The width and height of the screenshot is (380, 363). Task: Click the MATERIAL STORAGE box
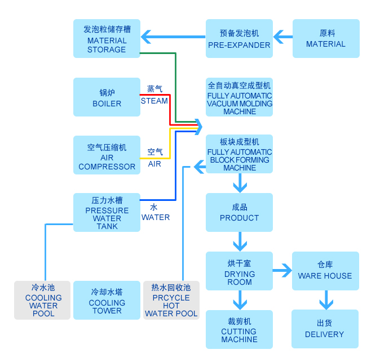click(x=107, y=38)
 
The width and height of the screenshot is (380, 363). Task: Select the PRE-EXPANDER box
click(x=239, y=38)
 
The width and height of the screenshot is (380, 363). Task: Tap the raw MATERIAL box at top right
click(x=326, y=38)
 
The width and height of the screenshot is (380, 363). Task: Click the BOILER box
click(x=107, y=97)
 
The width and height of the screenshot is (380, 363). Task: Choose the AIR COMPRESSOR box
click(x=107, y=155)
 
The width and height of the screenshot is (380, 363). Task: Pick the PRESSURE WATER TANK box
click(x=107, y=212)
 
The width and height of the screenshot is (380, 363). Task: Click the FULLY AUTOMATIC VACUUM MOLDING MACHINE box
click(x=239, y=97)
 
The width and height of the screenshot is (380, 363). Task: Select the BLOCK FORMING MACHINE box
click(x=239, y=154)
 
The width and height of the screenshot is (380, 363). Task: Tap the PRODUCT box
click(x=239, y=212)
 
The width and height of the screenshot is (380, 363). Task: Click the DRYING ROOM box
click(x=239, y=271)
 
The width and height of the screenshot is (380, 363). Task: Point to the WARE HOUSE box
click(x=325, y=271)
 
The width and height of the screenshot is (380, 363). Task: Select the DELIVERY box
click(x=325, y=329)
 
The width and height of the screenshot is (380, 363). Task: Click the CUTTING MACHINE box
click(x=239, y=329)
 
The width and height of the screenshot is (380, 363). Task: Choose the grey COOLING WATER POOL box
click(x=43, y=300)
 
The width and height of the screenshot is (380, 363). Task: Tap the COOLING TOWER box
click(x=107, y=300)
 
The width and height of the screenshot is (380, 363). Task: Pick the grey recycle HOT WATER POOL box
click(x=171, y=300)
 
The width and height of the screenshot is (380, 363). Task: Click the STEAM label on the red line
click(x=154, y=101)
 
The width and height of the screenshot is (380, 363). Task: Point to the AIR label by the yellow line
click(x=154, y=164)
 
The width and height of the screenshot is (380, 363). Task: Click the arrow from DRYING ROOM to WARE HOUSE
click(x=282, y=271)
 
